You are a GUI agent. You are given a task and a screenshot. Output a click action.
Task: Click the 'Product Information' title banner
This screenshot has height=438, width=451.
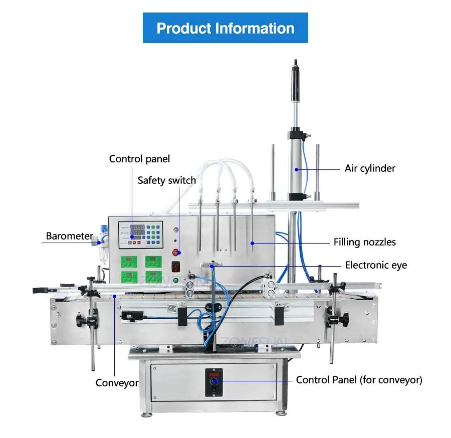coord(225,28)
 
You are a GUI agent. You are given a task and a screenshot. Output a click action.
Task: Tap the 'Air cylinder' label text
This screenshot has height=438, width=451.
coord(370,168)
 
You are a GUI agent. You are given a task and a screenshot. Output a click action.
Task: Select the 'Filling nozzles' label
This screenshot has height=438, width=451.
coord(365,242)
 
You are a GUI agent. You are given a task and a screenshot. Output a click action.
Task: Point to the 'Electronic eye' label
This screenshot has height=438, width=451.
coord(376,265)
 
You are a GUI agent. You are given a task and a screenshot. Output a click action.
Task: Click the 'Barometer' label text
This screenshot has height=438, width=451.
coord(70,236)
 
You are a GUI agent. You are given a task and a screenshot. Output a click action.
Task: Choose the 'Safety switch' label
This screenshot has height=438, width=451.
coord(167,180)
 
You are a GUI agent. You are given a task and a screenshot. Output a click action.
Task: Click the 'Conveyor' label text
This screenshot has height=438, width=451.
coord(117,383)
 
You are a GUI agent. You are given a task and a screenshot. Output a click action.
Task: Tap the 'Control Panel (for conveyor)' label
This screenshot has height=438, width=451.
coord(359,380)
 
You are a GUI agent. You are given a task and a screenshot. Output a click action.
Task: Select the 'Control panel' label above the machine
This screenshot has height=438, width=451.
coord(139,159)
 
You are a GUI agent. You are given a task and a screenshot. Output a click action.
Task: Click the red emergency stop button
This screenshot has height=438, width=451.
coord(176,253)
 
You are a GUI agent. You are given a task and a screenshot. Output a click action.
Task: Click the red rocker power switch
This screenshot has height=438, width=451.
coord(176,267)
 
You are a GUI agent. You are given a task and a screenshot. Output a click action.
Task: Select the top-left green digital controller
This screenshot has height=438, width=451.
coord(129,261)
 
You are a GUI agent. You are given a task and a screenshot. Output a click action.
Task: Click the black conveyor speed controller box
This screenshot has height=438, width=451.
coord(214,382)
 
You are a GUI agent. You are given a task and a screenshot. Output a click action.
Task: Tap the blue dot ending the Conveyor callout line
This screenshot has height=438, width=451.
coord(115,296)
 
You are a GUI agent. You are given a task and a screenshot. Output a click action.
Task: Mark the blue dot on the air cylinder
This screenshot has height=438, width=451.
coord(296,169)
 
